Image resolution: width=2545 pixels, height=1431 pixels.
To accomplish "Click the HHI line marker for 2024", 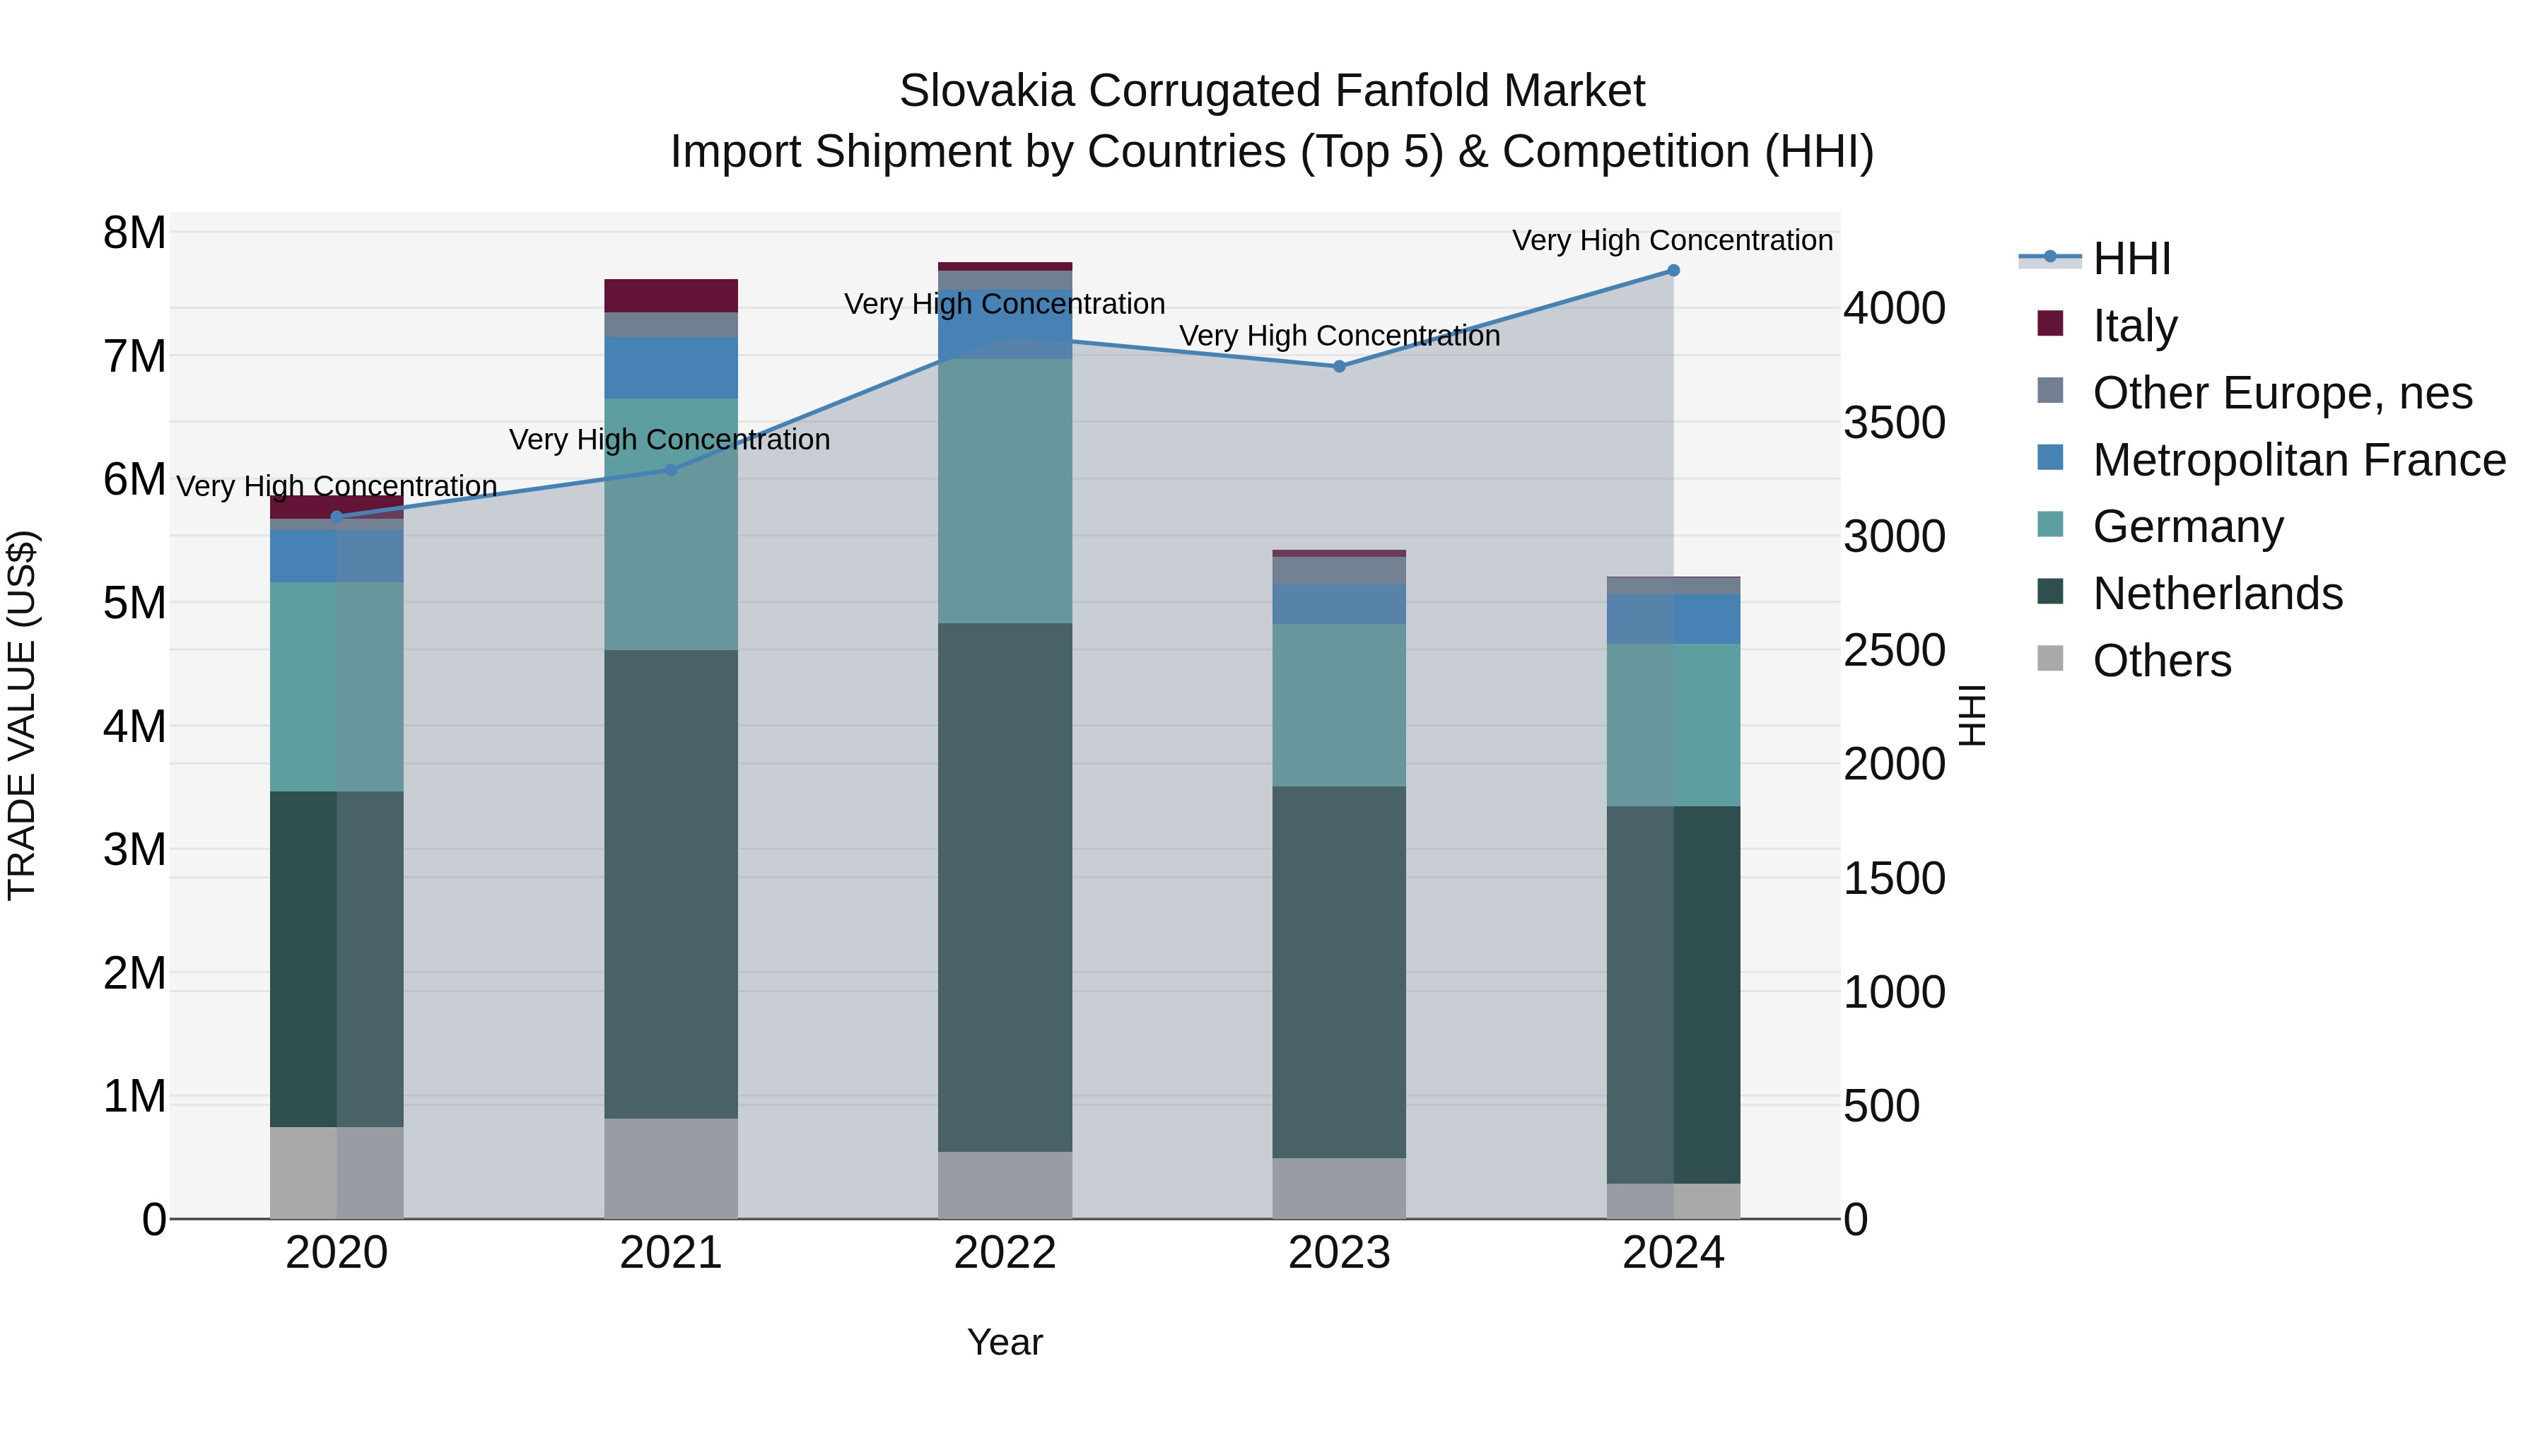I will point(1673,271).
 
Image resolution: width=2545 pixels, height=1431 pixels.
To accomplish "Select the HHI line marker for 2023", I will point(1339,366).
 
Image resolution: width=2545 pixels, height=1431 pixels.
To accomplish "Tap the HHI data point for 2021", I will point(671,470).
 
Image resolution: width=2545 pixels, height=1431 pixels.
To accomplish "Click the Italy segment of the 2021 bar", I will point(671,295).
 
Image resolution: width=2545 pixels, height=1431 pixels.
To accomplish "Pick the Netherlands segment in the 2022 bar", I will point(1005,887).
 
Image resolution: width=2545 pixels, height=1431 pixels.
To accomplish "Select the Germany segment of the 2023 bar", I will point(1339,705).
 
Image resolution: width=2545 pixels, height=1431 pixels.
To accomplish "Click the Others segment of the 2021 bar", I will point(671,1168).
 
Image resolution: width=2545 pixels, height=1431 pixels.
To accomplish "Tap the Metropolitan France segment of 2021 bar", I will point(671,367).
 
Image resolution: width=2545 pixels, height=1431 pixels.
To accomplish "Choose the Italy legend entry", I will point(2134,325).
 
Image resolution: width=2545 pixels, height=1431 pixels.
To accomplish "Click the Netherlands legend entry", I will point(2217,594).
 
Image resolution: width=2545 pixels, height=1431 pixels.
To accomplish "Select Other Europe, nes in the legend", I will point(2282,392).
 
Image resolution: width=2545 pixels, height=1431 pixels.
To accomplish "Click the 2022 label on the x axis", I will point(1005,1253).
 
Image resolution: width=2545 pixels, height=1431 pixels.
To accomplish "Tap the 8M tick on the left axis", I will point(134,233).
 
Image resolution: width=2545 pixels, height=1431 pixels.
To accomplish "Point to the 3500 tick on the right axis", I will point(1894,423).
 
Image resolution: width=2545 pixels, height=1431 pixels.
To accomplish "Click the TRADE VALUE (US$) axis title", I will point(22,715).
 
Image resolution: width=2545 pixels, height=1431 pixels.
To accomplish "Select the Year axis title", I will point(1005,1342).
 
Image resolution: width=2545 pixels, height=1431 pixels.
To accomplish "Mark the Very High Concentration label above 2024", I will point(1672,240).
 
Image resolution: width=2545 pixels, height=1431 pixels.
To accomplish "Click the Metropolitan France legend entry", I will point(2299,459).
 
